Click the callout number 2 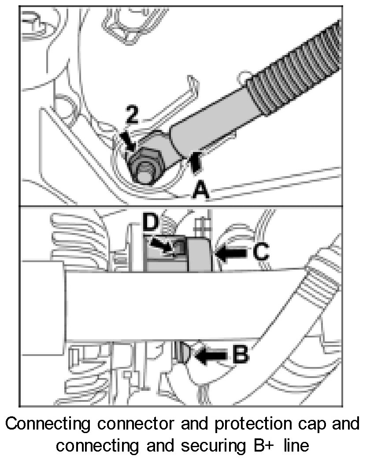pyautogui.click(x=133, y=115)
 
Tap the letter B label pyautogui.click(x=240, y=354)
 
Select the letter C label pyautogui.click(x=261, y=252)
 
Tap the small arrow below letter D pyautogui.click(x=161, y=245)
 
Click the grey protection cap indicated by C pyautogui.click(x=200, y=254)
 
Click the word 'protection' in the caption pyautogui.click(x=253, y=424)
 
